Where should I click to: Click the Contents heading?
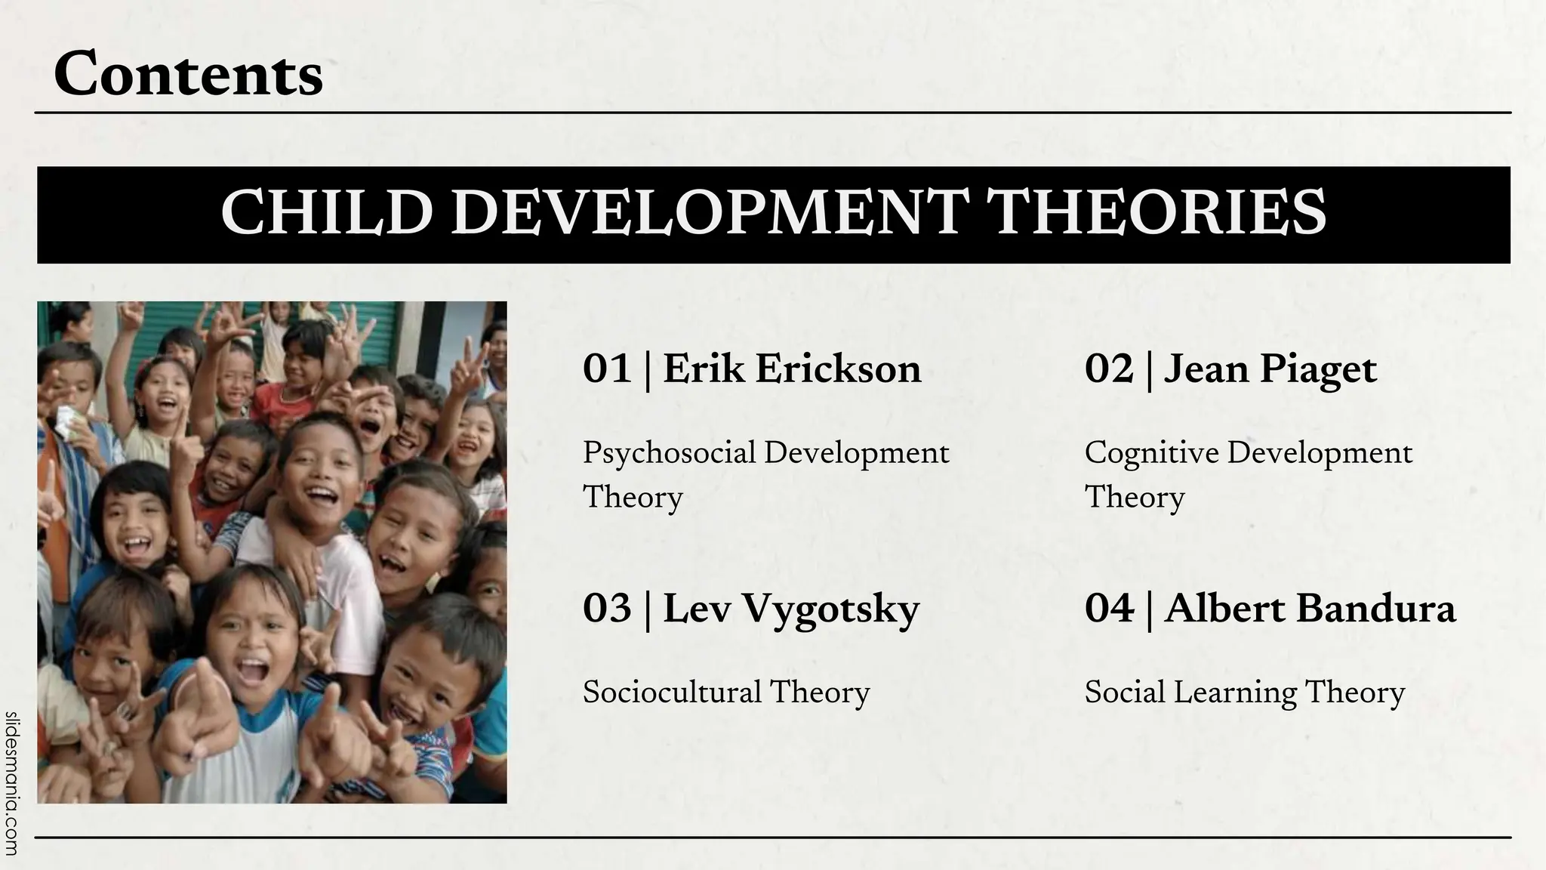coord(189,74)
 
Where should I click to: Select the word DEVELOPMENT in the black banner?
coord(709,214)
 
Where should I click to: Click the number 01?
coord(606,370)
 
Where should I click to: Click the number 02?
coord(1109,370)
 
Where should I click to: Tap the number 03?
coord(606,609)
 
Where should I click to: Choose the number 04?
coord(1109,609)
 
